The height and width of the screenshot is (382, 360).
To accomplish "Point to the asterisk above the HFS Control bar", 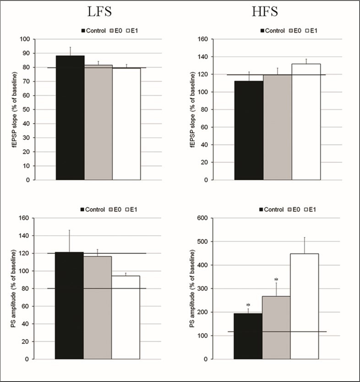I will pos(248,305).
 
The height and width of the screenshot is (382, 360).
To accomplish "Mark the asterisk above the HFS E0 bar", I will pos(276,280).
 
